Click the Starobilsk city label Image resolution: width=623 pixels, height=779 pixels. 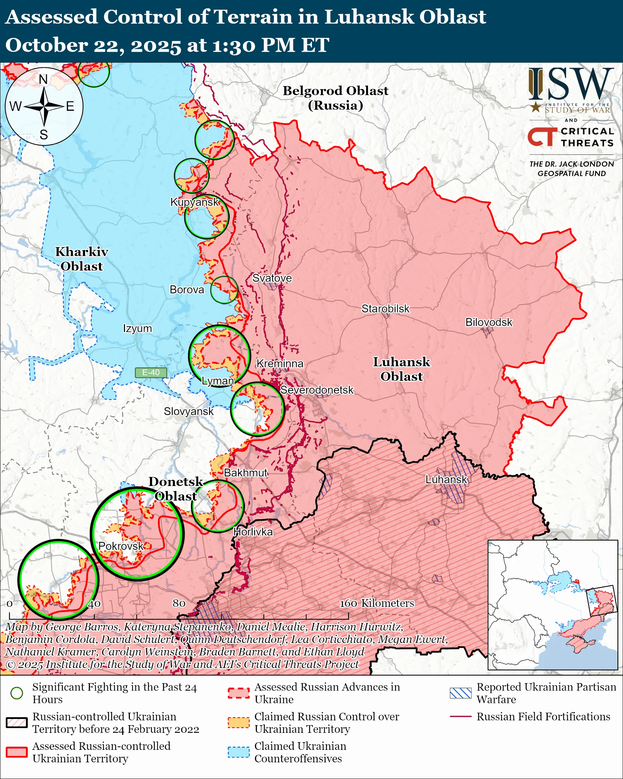point(385,309)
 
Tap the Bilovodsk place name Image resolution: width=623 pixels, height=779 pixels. point(488,322)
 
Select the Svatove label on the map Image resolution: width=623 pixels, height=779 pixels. point(272,278)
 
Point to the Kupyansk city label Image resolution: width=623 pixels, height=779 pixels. point(195,202)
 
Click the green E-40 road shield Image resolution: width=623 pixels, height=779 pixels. point(151,372)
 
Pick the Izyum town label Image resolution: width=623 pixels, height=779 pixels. point(137,328)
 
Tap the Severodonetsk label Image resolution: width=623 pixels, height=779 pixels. point(317,390)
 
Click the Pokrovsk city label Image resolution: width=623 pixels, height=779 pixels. point(121,546)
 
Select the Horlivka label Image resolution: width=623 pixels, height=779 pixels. point(253,531)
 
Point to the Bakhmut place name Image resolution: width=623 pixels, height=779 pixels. point(246,472)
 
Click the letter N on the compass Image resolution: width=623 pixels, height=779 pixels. point(43,79)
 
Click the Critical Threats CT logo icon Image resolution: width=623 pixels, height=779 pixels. point(542,136)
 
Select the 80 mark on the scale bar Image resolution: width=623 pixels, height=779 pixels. point(179,603)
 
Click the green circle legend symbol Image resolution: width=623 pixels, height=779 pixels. point(17,693)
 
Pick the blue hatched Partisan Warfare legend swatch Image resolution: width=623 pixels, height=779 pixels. point(461,693)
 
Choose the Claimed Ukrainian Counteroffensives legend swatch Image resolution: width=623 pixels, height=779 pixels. point(238,752)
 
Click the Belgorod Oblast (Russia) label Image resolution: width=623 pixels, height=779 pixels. point(335,98)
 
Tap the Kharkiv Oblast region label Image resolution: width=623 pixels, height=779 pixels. point(82,259)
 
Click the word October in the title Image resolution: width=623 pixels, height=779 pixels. point(46,45)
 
